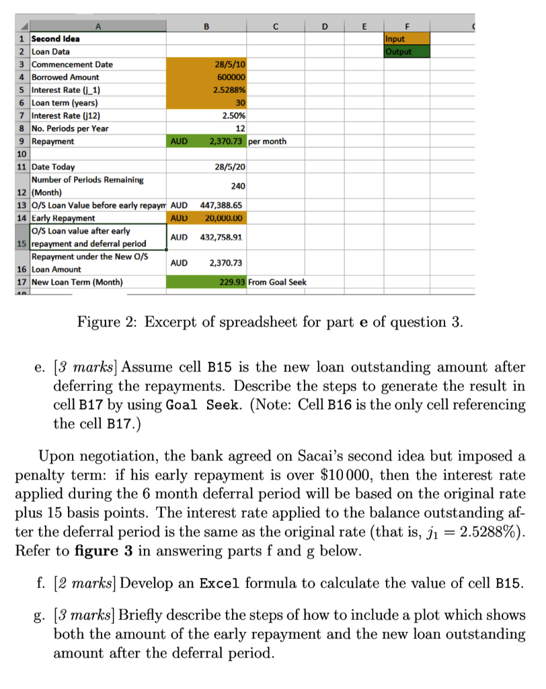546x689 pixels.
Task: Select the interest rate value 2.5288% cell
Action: [229, 90]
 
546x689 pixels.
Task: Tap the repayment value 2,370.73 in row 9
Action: [225, 141]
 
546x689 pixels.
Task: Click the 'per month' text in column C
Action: [268, 141]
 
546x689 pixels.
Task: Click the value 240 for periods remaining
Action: [238, 185]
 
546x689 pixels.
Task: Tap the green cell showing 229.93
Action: [233, 282]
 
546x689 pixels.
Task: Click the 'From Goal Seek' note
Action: [277, 282]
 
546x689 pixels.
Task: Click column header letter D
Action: [325, 27]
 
